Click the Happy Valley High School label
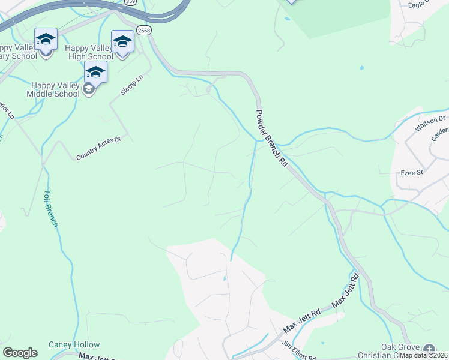click(90, 52)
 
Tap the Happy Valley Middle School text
click(53, 89)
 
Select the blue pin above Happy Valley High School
click(122, 42)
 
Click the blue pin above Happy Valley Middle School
click(95, 73)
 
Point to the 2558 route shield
click(144, 30)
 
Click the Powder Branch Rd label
click(272, 139)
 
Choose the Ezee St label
click(412, 173)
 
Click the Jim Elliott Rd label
click(300, 354)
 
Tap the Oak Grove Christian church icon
click(429, 349)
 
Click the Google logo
click(20, 353)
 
